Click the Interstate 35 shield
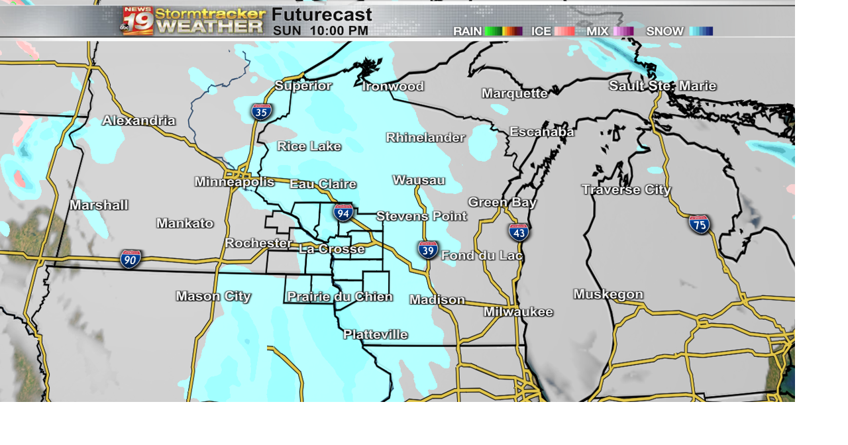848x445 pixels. (261, 112)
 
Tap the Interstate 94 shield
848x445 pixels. (343, 213)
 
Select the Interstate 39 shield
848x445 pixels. (427, 250)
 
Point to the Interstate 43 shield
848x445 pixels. (519, 232)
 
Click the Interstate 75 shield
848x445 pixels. (699, 224)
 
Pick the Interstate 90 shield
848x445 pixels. (131, 259)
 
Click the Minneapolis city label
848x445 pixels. (234, 181)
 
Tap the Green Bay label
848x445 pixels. (502, 202)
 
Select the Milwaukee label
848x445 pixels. (518, 311)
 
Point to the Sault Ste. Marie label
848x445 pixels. (662, 86)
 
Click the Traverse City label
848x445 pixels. (626, 189)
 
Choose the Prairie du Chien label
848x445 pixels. (340, 297)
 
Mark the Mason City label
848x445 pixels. (213, 296)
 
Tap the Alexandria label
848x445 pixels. (138, 121)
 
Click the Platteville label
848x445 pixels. (375, 334)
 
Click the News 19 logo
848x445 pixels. (137, 21)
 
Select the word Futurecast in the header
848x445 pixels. (322, 15)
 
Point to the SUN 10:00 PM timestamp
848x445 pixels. (321, 30)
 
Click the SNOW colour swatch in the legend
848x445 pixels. (701, 31)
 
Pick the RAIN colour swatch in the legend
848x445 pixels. (503, 31)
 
